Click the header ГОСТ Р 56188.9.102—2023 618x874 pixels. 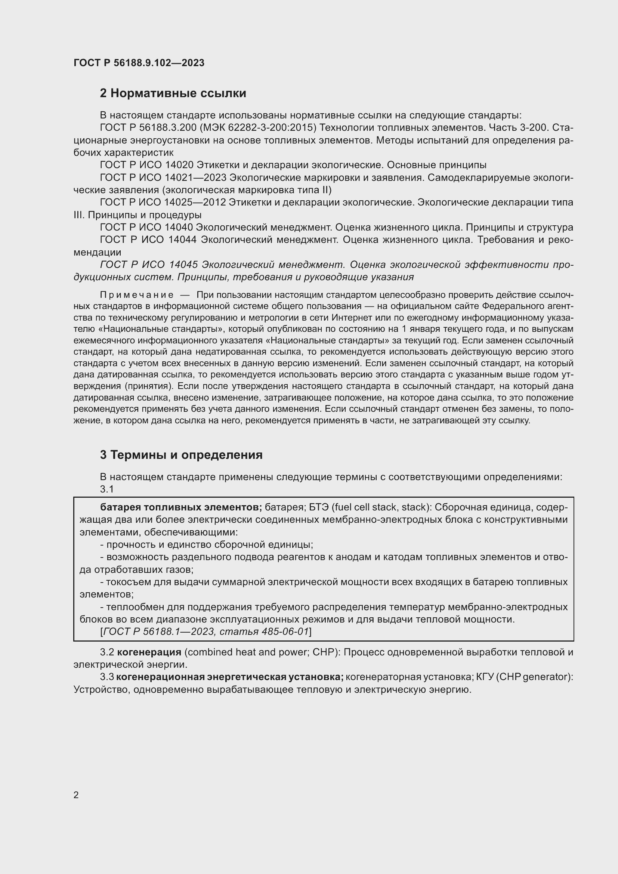pos(139,63)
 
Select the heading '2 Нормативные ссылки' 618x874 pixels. pos(173,93)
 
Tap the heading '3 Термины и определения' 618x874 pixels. pos(181,455)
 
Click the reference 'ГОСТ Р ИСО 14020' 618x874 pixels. pos(147,165)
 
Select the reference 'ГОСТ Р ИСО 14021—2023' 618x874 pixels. pos(163,178)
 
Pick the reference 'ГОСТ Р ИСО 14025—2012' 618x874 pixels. pos(163,203)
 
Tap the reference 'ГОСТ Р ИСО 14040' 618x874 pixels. pos(147,228)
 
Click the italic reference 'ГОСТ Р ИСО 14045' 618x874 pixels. pos(148,265)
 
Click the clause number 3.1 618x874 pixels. pos(106,489)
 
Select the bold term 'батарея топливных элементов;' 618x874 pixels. pos(181,507)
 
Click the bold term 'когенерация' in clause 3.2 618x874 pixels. pos(149,652)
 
